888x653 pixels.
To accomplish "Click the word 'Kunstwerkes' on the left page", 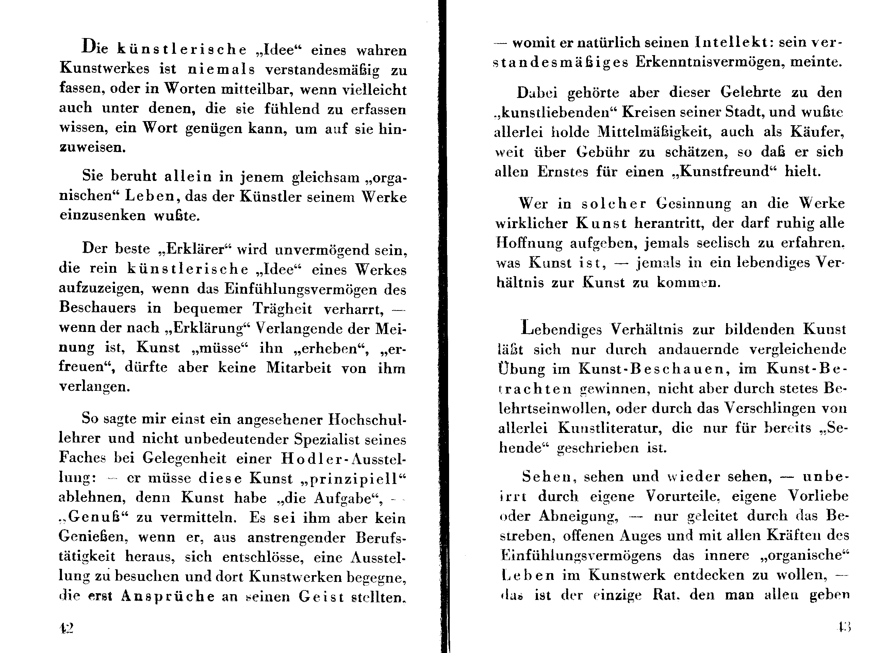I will [x=104, y=68].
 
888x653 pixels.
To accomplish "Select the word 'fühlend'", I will [x=291, y=109].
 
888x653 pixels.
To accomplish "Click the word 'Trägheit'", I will [x=282, y=309].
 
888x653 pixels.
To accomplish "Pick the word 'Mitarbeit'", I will [x=298, y=368].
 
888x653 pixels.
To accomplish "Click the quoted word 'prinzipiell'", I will [x=353, y=478].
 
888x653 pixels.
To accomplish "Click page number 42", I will [x=66, y=628].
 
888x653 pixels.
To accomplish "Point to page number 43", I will [x=844, y=627].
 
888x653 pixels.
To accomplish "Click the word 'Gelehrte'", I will [x=751, y=92].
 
